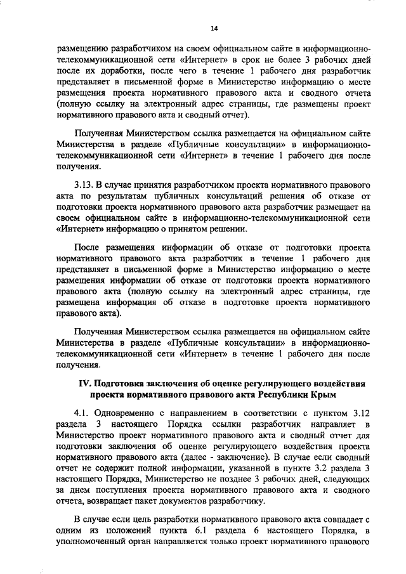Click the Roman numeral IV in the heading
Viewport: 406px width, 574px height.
[84, 384]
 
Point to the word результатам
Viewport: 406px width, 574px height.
[117, 196]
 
